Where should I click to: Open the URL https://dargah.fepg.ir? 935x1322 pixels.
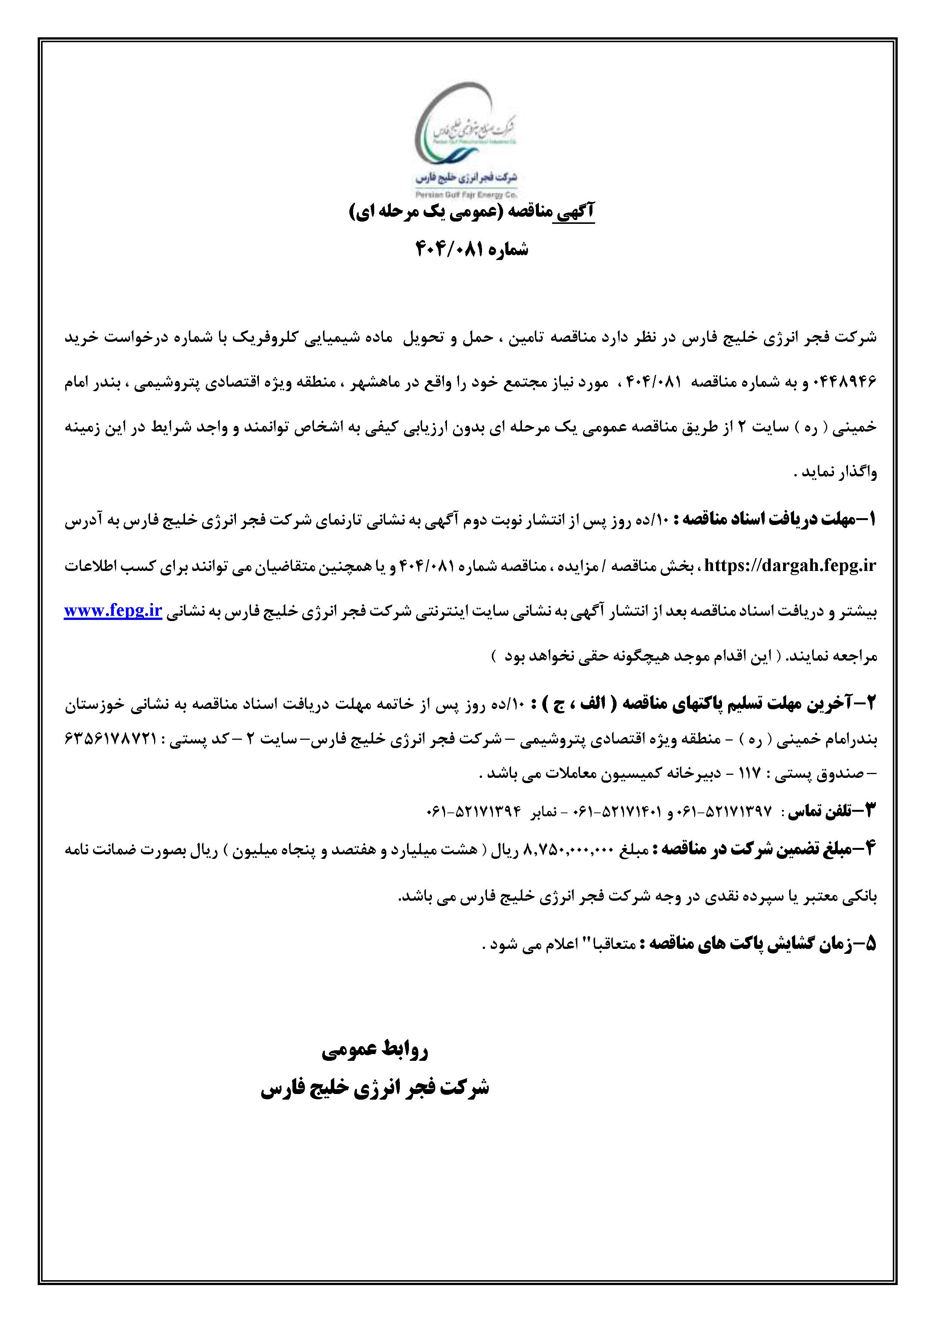click(x=789, y=565)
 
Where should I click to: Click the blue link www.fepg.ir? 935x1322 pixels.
click(x=113, y=611)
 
